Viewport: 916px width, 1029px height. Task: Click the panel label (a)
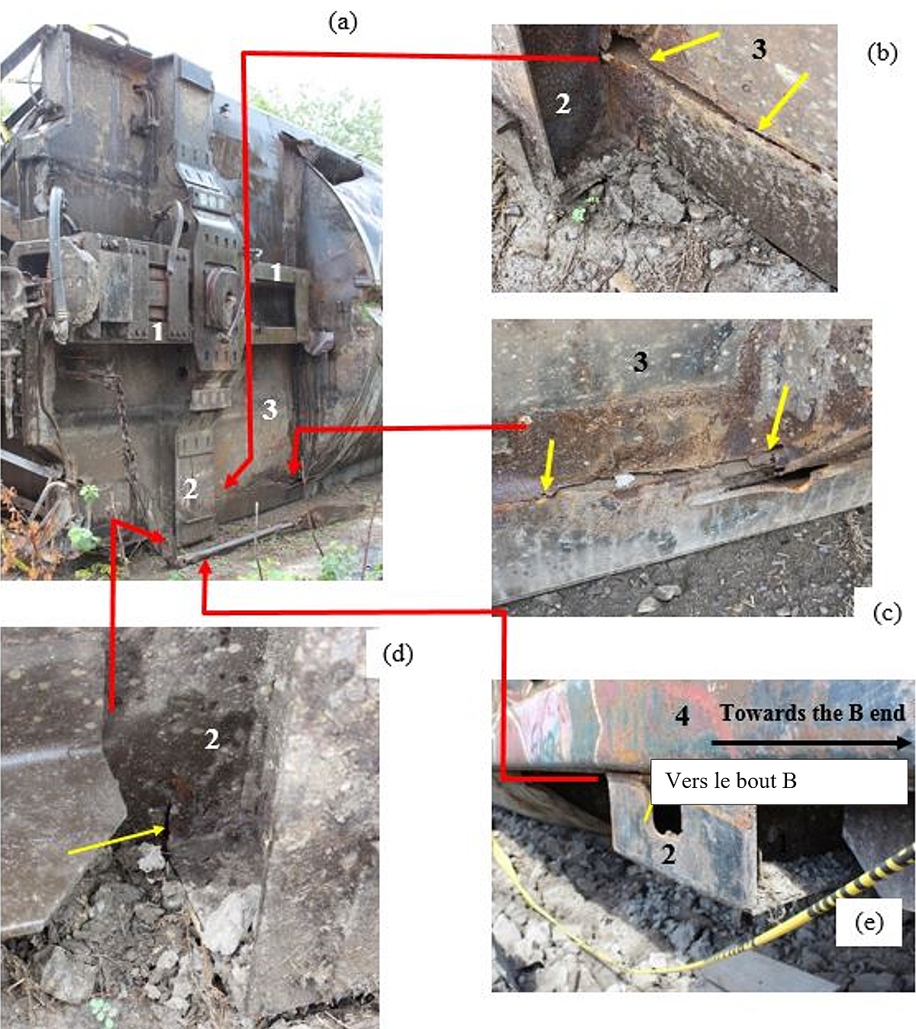coord(343,23)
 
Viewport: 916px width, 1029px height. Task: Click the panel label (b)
coord(882,53)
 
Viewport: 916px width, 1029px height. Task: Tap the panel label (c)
coord(887,613)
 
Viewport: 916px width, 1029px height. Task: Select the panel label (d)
coord(398,654)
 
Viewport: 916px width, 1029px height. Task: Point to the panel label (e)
coord(869,922)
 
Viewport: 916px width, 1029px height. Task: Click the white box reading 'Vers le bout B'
coord(779,781)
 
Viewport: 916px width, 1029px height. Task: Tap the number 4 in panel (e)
coord(682,716)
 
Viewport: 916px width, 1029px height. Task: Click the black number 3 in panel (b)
coord(759,50)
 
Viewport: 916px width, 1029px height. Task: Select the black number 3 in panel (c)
coord(640,362)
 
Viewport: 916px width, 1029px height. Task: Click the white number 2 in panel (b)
coord(563,104)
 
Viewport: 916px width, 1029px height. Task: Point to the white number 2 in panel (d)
coord(212,739)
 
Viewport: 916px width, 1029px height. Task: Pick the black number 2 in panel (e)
coord(669,855)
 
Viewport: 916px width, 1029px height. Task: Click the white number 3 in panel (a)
coord(269,410)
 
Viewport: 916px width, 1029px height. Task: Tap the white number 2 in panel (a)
coord(191,489)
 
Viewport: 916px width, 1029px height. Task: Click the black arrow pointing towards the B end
coord(811,743)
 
